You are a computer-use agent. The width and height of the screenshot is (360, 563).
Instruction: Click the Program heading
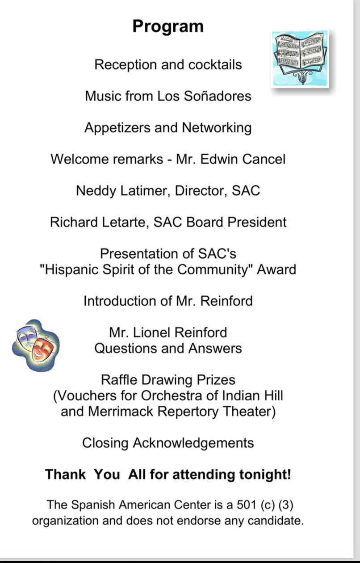tap(168, 27)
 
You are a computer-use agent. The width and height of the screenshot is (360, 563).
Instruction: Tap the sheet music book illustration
tap(301, 58)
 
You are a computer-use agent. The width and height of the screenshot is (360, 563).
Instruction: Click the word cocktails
tap(215, 65)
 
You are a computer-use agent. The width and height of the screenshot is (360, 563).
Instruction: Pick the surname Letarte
tap(127, 223)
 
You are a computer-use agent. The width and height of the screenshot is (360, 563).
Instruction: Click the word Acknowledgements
tap(193, 443)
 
